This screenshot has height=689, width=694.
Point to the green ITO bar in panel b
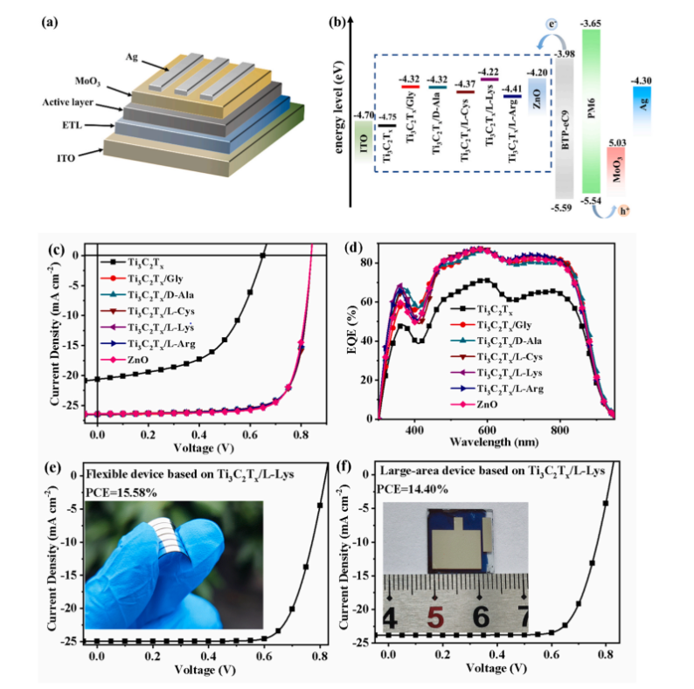point(364,136)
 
